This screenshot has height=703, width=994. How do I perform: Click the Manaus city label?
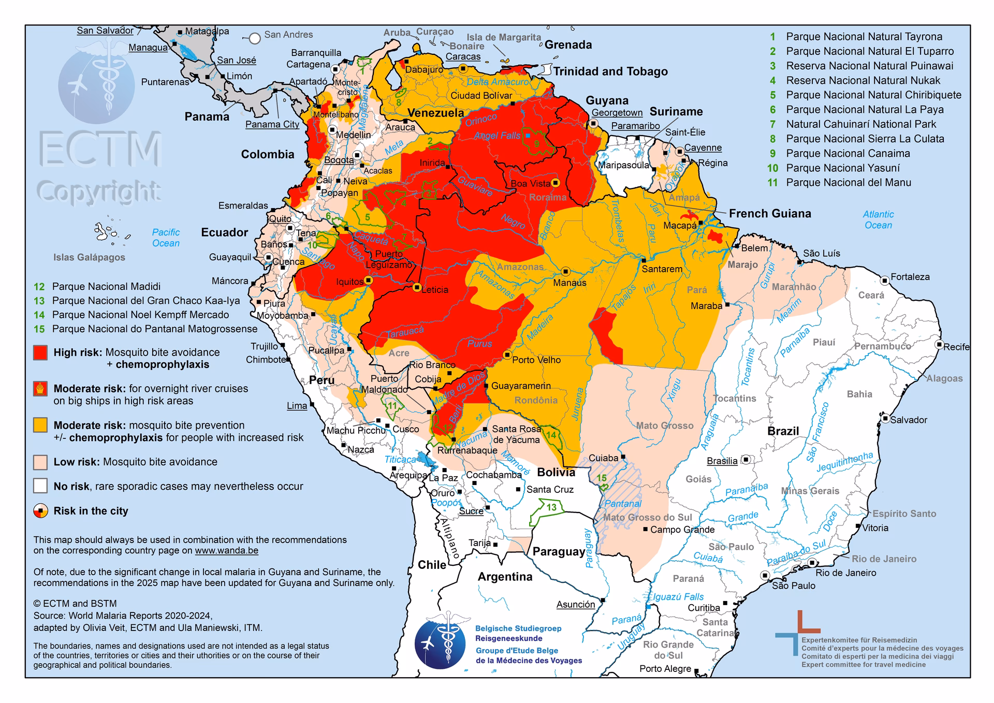(x=569, y=283)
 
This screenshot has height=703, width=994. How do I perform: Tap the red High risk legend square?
(x=40, y=353)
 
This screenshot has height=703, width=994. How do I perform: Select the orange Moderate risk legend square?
(x=40, y=425)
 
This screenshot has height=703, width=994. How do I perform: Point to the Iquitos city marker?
(x=368, y=280)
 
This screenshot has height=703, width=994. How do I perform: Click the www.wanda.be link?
(x=226, y=551)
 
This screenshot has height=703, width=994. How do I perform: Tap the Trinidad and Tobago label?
(x=610, y=71)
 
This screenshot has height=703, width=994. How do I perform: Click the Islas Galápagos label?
(x=89, y=257)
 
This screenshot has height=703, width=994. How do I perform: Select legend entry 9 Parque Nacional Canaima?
(x=847, y=153)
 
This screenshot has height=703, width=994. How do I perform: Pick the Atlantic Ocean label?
(x=878, y=219)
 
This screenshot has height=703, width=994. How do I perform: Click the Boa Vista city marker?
(x=556, y=183)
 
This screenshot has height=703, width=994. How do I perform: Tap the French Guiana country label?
(x=770, y=213)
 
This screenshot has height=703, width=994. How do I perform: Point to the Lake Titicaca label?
(x=400, y=460)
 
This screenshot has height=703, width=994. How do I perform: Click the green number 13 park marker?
(x=551, y=507)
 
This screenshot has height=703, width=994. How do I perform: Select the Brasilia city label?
(x=722, y=461)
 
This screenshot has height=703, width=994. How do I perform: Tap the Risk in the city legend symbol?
(x=40, y=511)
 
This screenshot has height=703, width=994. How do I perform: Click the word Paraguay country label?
(x=559, y=551)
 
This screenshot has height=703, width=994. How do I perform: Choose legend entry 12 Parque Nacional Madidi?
(x=106, y=286)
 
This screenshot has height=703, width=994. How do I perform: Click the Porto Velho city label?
(x=536, y=360)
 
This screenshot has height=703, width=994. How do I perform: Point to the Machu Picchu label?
(x=356, y=430)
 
